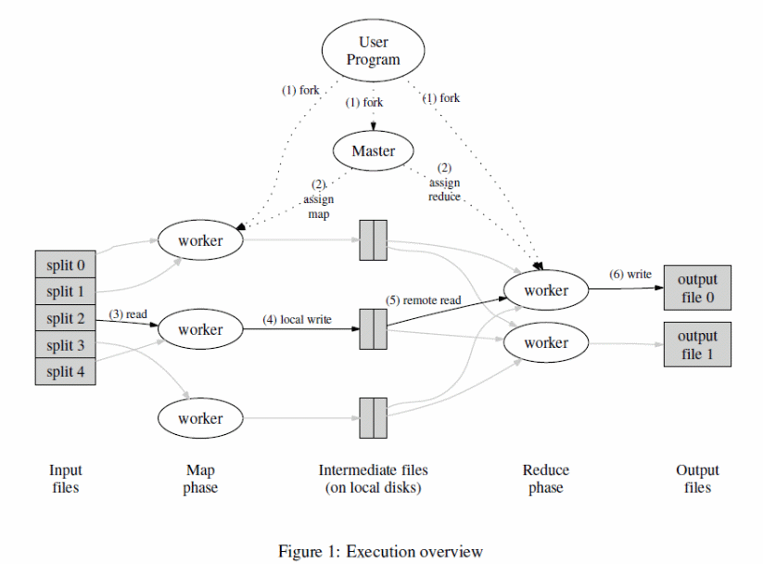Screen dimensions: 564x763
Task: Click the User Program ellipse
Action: [x=374, y=50]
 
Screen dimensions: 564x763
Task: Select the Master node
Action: [x=374, y=151]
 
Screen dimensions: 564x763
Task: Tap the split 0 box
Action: [x=65, y=265]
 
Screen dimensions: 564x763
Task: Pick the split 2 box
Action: [x=65, y=319]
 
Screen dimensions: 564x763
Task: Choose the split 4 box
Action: [x=65, y=372]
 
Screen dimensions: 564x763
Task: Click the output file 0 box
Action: [x=697, y=288]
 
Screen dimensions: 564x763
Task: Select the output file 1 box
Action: [x=697, y=344]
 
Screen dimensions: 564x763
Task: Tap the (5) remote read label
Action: [x=423, y=301]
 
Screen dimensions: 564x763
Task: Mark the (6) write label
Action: [x=629, y=275]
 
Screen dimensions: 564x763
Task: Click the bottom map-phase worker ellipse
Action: [x=200, y=418]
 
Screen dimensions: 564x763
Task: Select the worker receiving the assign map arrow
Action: [x=200, y=240]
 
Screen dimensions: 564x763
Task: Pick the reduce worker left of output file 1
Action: [x=546, y=343]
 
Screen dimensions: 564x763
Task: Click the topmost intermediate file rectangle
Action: [x=373, y=240]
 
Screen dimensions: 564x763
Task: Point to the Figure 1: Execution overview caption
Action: [x=380, y=552]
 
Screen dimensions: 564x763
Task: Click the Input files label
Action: [x=65, y=479]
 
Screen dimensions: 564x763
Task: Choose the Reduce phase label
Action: [x=546, y=479]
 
